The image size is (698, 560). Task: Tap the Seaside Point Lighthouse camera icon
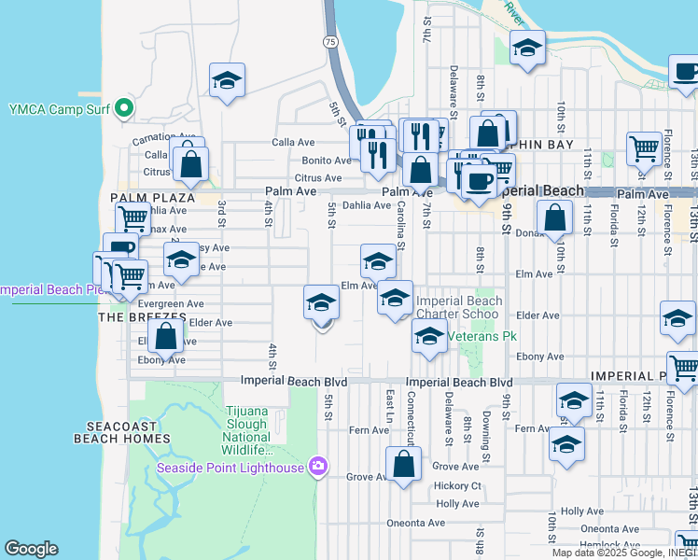point(318,466)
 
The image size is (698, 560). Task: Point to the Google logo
point(32,549)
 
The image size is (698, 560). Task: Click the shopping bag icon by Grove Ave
point(403,464)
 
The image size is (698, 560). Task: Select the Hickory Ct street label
point(457,486)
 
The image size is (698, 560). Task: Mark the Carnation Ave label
point(140,137)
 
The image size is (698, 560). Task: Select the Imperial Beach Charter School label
point(459,307)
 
